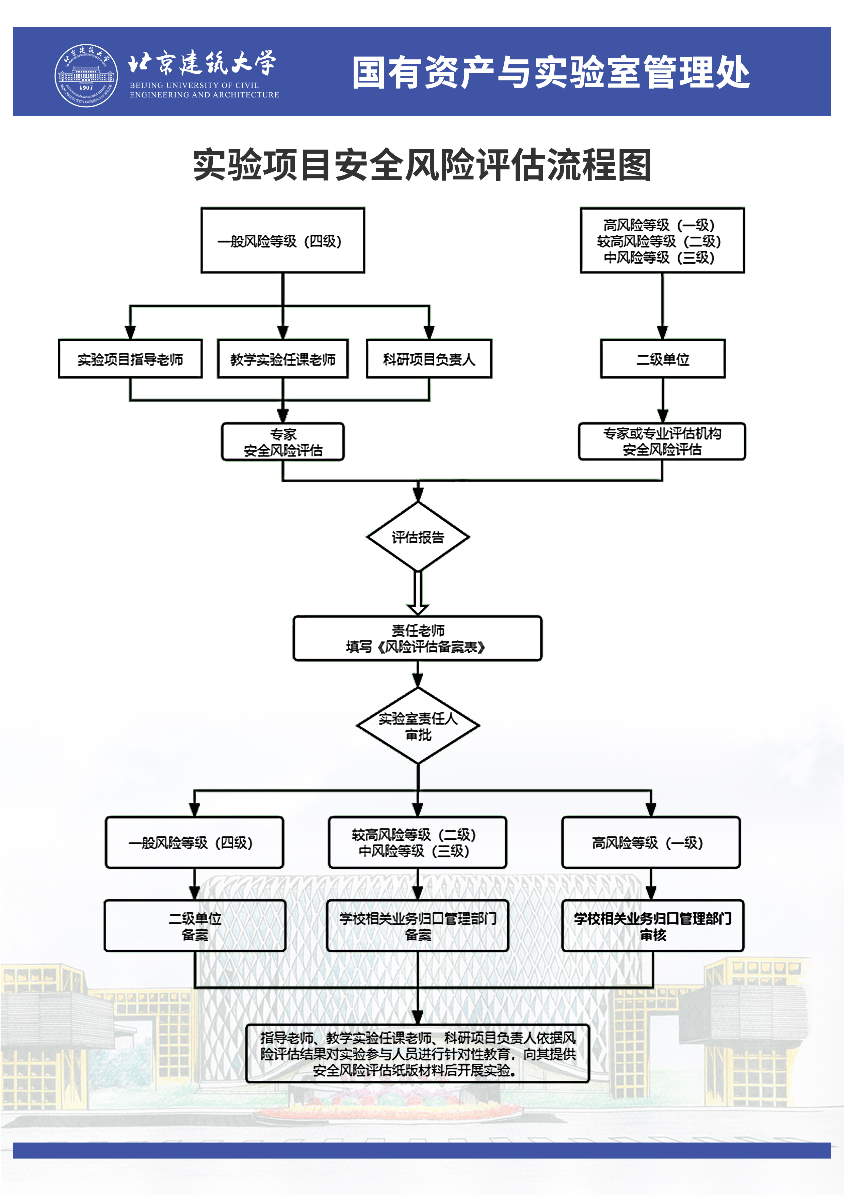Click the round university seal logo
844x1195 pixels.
click(x=86, y=76)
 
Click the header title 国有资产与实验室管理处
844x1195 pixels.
click(x=551, y=72)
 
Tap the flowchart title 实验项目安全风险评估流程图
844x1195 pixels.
click(x=422, y=165)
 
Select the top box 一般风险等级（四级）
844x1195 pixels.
click(x=282, y=240)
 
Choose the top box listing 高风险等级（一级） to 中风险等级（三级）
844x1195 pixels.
click(x=662, y=240)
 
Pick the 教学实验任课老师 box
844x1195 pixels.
click(x=282, y=359)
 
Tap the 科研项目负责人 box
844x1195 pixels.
click(x=429, y=359)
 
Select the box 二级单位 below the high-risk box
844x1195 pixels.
click(x=663, y=359)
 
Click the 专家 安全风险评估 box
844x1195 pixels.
click(x=283, y=442)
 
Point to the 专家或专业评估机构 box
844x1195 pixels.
click(x=662, y=441)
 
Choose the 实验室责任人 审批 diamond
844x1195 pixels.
click(x=418, y=726)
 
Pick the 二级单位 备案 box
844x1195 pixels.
click(x=195, y=926)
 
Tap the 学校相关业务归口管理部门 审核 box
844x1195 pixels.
click(x=653, y=926)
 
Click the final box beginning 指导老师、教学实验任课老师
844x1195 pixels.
click(x=418, y=1053)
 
